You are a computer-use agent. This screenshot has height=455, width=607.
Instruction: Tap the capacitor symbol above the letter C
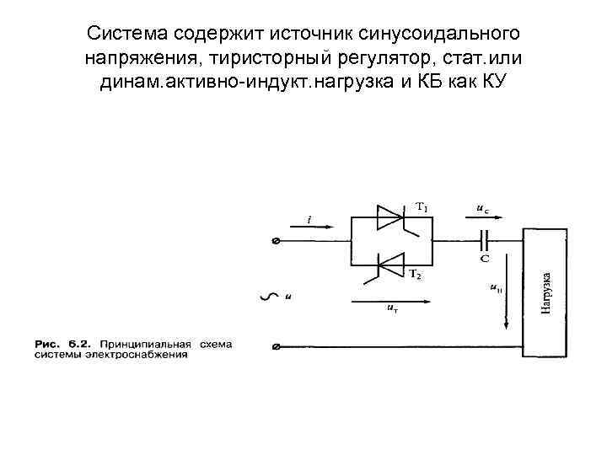click(485, 239)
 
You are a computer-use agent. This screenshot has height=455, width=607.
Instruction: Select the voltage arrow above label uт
click(390, 299)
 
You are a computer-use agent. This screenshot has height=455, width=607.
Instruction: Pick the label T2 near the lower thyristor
click(416, 276)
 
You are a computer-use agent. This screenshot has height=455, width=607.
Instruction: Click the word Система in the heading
click(128, 34)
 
